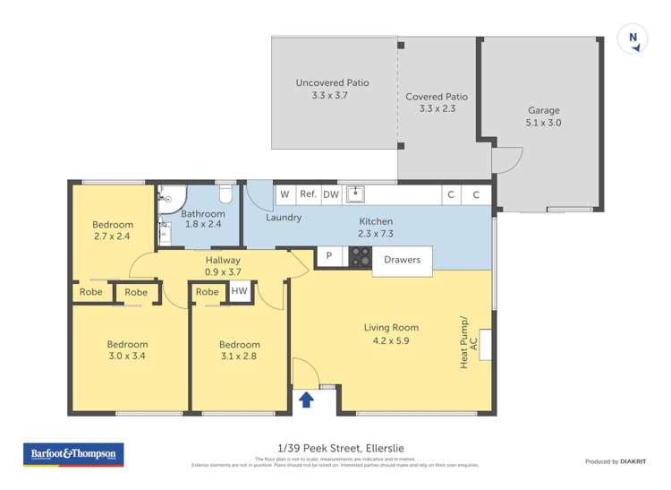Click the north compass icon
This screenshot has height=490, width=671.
[x=633, y=39]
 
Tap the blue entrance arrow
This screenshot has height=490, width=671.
[x=305, y=400]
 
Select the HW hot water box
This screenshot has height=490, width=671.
[x=239, y=291]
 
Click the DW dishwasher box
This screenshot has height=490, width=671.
[x=330, y=193]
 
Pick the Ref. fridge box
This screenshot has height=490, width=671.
[x=308, y=193]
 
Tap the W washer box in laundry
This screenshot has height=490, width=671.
[x=285, y=193]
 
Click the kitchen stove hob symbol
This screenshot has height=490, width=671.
[x=360, y=257]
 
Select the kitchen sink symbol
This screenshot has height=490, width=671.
[x=355, y=193]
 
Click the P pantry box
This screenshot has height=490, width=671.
[x=329, y=257]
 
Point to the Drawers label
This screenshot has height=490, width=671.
[x=402, y=260]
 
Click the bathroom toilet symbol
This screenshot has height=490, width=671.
[x=226, y=193]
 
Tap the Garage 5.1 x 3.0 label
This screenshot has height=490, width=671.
[x=543, y=117]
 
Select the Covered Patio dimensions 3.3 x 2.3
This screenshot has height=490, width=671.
[x=437, y=109]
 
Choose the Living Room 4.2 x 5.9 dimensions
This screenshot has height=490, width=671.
[x=391, y=340]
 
